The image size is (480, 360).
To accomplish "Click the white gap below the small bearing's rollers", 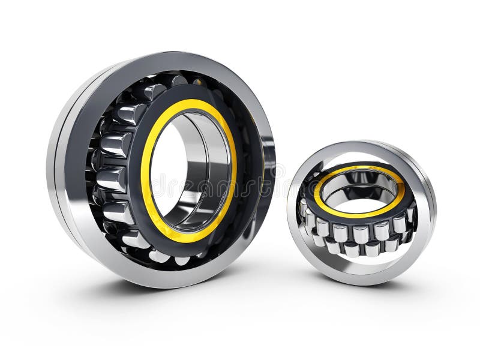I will point(360,264).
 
